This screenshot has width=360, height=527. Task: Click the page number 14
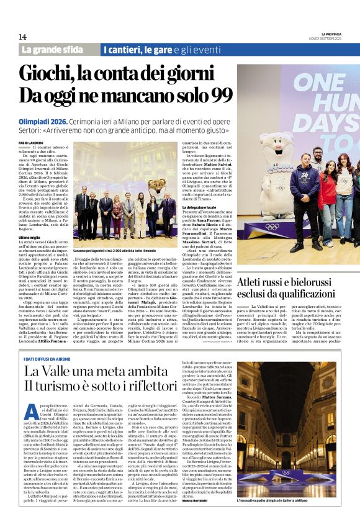pos(22,36)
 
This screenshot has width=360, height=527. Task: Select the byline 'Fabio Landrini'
pos(31,143)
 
